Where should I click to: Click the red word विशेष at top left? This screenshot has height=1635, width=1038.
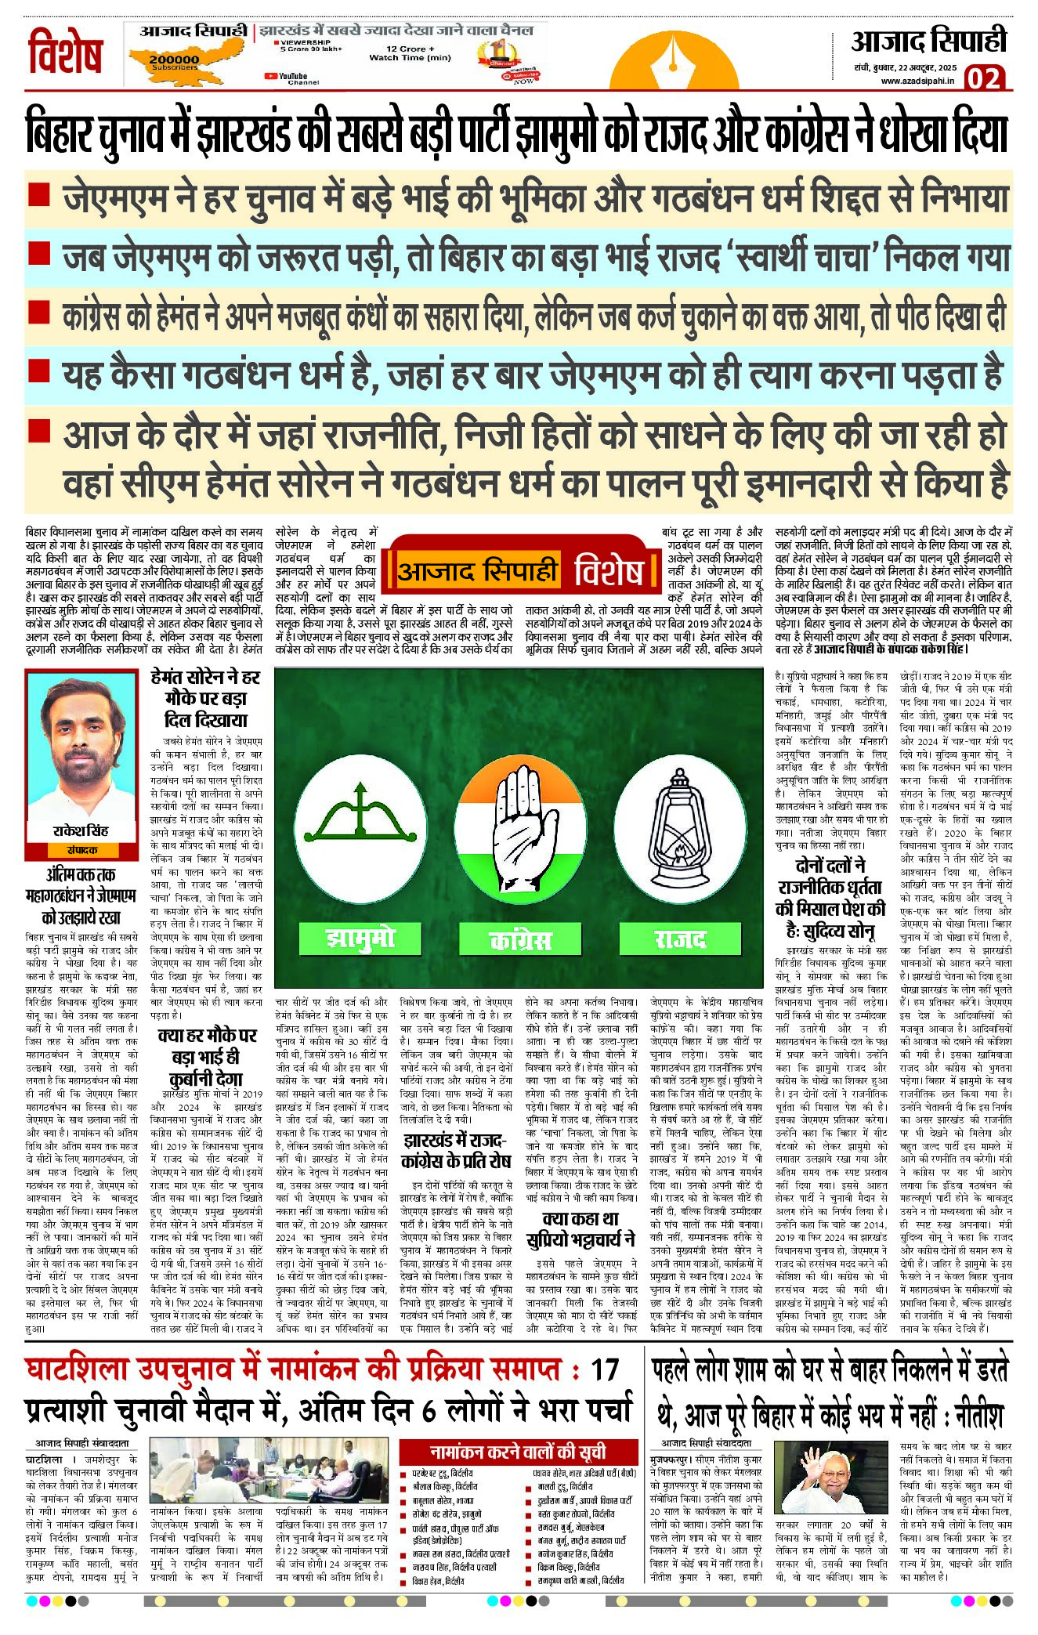pyautogui.click(x=66, y=53)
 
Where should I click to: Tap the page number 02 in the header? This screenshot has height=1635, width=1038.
pyautogui.click(x=984, y=78)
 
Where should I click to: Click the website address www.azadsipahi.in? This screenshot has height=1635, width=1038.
pyautogui.click(x=917, y=80)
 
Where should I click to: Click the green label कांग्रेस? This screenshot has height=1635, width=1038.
pyautogui.click(x=519, y=939)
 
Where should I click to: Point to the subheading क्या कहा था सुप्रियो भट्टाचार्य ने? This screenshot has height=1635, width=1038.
pyautogui.click(x=580, y=1228)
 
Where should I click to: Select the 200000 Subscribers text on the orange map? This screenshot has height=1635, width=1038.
pyautogui.click(x=174, y=62)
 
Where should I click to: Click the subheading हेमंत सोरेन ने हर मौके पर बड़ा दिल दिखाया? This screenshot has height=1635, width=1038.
pyautogui.click(x=205, y=698)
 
